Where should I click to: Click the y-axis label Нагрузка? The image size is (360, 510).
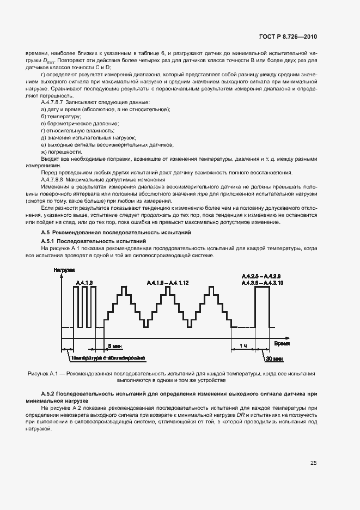tap(64, 270)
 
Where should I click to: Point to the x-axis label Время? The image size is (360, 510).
tap(282, 344)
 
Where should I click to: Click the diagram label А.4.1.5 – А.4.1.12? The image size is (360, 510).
tap(167, 282)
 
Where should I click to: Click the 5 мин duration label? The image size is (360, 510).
tap(115, 346)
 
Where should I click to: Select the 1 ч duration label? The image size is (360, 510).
tap(243, 346)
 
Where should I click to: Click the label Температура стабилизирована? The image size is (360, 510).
tap(107, 358)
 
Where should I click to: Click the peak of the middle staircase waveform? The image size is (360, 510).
tap(167, 288)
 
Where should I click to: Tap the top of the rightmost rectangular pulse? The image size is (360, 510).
tap(262, 287)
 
